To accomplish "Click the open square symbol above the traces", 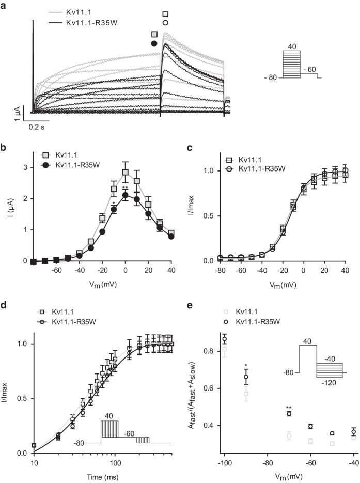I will click(165, 14).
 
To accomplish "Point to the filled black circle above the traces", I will click(154, 44).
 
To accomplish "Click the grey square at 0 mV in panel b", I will click(125, 173).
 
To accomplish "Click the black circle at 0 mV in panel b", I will click(125, 195).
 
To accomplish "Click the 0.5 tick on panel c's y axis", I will click(198, 215).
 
